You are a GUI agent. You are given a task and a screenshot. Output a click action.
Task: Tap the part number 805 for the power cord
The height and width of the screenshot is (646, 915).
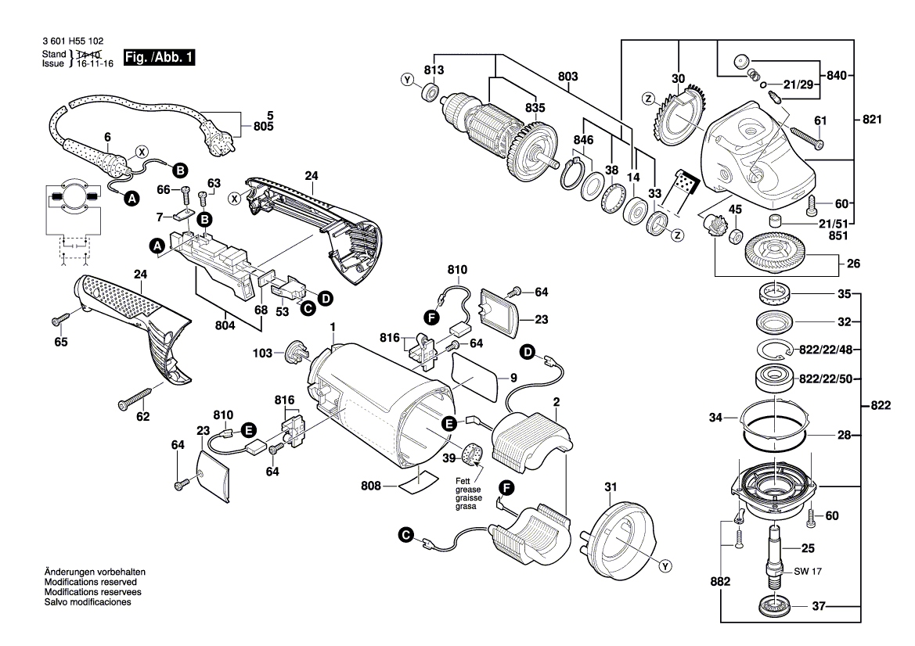tap(264, 126)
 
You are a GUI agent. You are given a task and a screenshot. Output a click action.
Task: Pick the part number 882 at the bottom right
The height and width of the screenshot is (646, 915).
tap(720, 582)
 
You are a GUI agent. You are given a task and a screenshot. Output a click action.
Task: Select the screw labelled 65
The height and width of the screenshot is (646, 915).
tap(62, 318)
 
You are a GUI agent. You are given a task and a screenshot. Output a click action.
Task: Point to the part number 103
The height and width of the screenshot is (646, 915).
tap(262, 354)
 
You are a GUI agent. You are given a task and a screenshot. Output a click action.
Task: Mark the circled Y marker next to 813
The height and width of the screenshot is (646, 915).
tap(406, 79)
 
